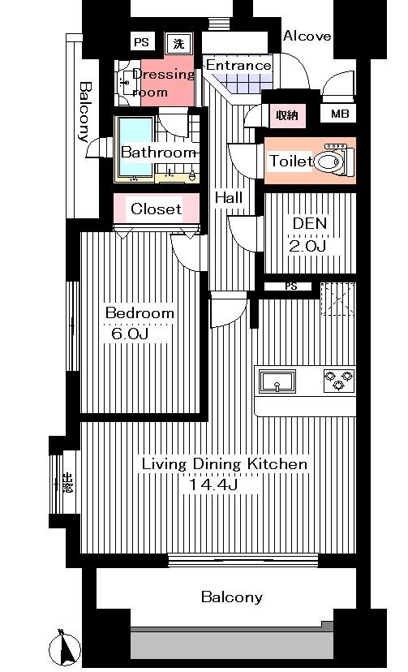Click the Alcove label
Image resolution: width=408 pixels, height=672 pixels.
pos(307,36)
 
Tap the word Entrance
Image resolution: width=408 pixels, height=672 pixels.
pos(238,65)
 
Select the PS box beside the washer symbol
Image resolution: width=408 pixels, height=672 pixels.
pos(142,43)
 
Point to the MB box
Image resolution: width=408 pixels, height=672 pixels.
pos(340,114)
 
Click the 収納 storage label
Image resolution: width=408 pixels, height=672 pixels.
pos(286,115)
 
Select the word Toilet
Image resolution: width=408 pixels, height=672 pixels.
pos(290,162)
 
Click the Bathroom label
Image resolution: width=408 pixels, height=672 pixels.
pos(158,152)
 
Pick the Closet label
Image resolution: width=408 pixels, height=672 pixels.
pos(157,209)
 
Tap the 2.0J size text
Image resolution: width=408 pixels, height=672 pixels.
pos(308,246)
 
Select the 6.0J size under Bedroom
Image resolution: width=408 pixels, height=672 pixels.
pos(130,334)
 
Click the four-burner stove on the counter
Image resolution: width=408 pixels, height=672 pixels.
pos(339,377)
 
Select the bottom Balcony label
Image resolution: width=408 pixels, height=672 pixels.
pos(232,597)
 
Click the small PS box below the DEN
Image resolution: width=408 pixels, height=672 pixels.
pos(290,286)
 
